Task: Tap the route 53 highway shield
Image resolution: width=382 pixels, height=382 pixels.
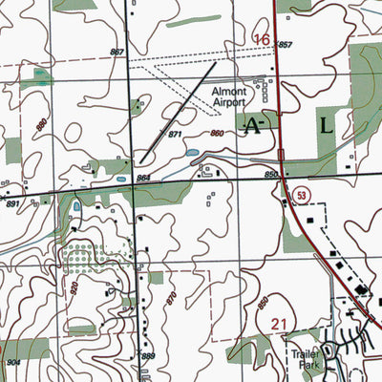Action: point(301,194)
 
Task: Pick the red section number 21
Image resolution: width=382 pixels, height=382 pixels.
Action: point(278,326)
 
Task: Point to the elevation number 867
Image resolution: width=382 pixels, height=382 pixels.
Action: point(117,52)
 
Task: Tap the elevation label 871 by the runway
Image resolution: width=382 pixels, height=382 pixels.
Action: point(175,138)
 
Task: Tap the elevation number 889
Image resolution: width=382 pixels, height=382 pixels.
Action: point(148,356)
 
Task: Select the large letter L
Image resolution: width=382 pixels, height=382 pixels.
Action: point(328,125)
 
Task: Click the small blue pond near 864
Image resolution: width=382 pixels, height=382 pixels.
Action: point(120,179)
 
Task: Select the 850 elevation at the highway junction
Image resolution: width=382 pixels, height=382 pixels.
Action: point(270,174)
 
